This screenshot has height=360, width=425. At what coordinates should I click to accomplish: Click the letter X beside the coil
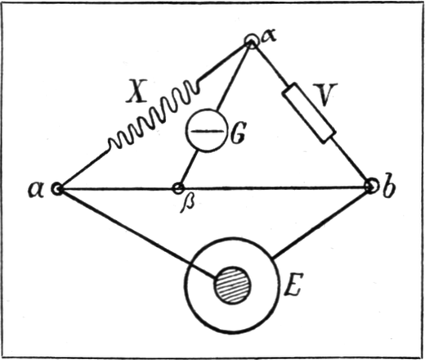(x=137, y=91)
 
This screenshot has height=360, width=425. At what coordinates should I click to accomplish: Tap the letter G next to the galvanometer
(x=239, y=133)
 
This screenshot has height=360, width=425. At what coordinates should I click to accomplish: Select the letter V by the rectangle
(x=324, y=94)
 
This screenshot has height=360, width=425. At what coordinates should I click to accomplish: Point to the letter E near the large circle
(x=293, y=284)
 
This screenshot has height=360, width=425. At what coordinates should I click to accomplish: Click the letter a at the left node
(x=36, y=189)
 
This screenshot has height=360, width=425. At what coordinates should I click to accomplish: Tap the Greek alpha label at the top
(x=268, y=37)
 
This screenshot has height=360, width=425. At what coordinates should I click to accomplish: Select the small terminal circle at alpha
(x=251, y=42)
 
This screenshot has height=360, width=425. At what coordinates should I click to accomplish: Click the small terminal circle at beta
(x=178, y=188)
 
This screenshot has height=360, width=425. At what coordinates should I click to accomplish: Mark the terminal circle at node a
(x=57, y=188)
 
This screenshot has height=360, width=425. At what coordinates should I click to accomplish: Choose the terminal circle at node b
(x=372, y=186)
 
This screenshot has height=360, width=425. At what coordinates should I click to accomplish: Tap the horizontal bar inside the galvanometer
(x=207, y=131)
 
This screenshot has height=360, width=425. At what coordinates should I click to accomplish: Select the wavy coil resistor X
(x=154, y=114)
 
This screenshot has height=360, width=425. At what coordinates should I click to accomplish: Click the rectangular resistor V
(x=308, y=112)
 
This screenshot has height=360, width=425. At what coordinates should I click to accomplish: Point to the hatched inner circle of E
(x=233, y=285)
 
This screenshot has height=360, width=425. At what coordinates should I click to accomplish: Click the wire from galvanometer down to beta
(x=189, y=168)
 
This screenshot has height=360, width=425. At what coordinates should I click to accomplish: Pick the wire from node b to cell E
(x=320, y=223)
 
